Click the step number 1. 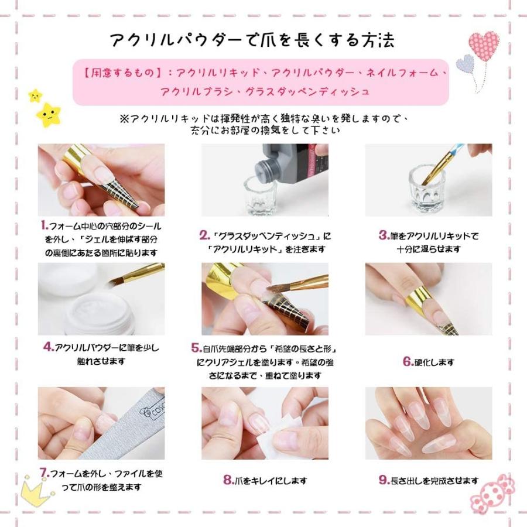pyautogui.click(x=45, y=225)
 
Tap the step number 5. pyautogui.click(x=197, y=348)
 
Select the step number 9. pyautogui.click(x=384, y=480)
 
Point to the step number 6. pyautogui.click(x=408, y=362)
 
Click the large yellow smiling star pyautogui.click(x=49, y=115)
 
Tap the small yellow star pyautogui.click(x=35, y=95)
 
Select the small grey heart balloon pyautogui.click(x=465, y=63)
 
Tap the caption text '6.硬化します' pyautogui.click(x=429, y=362)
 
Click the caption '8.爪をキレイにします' pyautogui.click(x=265, y=480)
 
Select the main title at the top pyautogui.click(x=252, y=40)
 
